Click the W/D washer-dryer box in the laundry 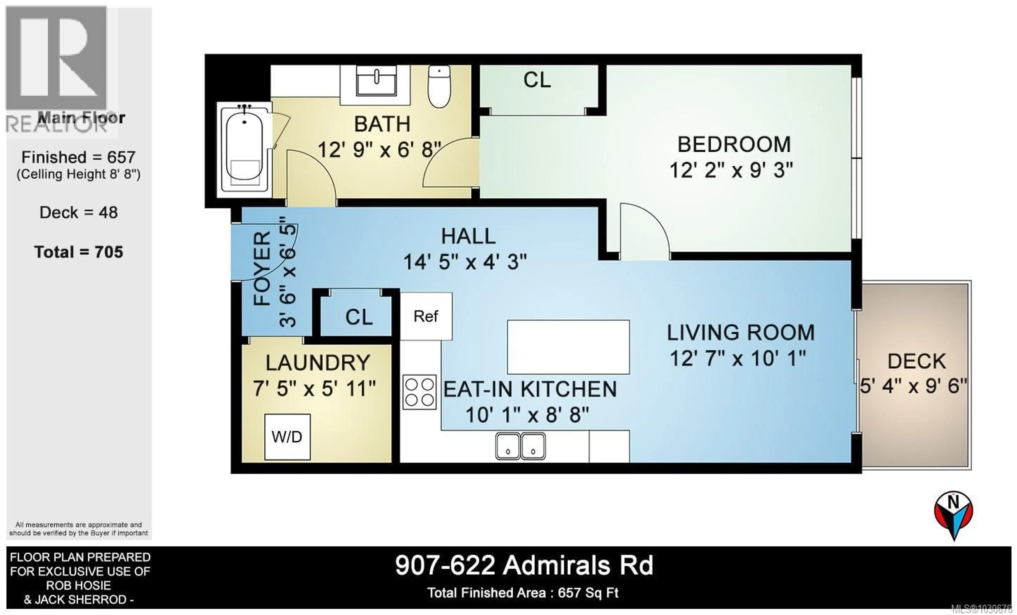point(287,437)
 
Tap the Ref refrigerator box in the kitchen point(426,316)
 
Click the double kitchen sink point(520,446)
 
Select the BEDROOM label point(734,144)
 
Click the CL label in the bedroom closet point(537,80)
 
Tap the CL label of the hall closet point(359,317)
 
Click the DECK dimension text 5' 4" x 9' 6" point(913,386)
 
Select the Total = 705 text point(78,252)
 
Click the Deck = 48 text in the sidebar point(78,212)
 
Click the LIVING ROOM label point(741,333)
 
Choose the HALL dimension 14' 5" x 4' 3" point(465,262)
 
